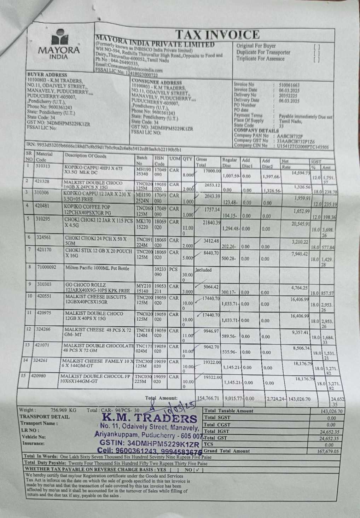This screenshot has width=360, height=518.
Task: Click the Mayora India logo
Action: coord(59,45)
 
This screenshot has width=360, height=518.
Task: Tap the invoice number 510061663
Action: coord(289,85)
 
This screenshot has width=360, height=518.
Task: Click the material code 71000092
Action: coord(47,267)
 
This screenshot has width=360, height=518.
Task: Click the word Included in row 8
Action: coord(203,270)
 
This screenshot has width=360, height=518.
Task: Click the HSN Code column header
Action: coord(159,161)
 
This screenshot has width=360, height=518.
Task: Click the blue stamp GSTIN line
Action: coord(150,444)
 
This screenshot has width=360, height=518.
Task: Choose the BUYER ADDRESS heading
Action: coord(47,75)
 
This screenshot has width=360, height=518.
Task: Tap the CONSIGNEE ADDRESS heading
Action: coord(156,82)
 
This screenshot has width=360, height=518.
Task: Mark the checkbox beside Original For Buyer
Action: coord(317,46)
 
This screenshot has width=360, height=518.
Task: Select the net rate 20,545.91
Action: coord(300,224)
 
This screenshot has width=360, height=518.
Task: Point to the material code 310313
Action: coord(43,166)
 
